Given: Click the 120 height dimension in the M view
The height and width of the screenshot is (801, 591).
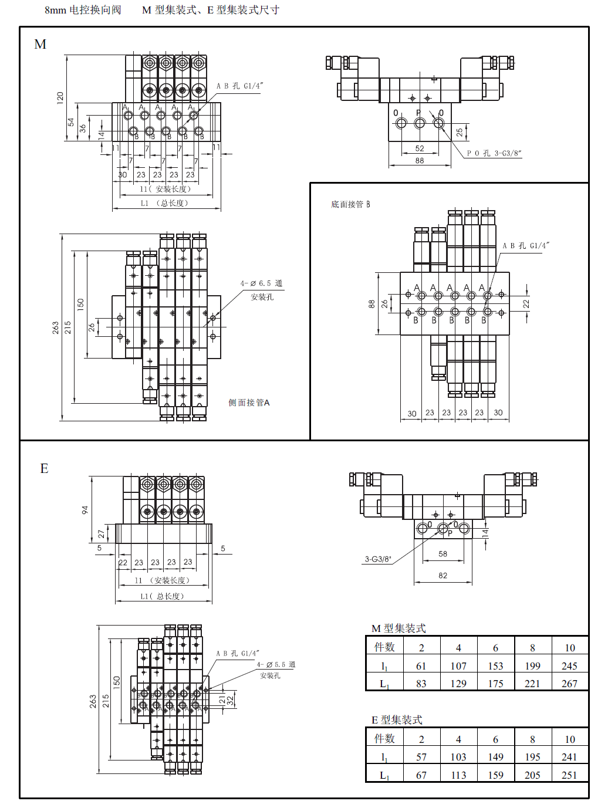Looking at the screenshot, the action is pos(60,98).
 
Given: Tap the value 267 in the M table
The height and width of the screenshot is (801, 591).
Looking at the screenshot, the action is pos(569,683).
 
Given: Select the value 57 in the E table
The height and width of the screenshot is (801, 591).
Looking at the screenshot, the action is pos(421,756).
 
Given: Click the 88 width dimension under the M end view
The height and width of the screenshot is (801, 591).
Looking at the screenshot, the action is pos(420,160).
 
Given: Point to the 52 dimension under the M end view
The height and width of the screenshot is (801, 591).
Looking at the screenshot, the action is pos(420,148).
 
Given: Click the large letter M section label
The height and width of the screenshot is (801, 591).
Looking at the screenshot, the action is pos(40,45).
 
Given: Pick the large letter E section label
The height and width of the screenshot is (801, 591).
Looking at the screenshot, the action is pos(44,468).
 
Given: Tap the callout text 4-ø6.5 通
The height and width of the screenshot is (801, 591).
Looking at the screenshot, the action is pos(261,283).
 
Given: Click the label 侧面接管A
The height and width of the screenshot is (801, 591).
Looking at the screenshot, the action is pos(249,403).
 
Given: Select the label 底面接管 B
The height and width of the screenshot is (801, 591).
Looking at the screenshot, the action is pos(350,204).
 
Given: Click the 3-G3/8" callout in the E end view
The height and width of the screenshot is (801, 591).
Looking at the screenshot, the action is pos(378,559).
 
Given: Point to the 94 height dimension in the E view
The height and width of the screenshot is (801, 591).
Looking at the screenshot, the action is pos(85,510).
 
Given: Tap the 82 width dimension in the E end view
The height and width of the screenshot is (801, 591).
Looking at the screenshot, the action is pos(443,575).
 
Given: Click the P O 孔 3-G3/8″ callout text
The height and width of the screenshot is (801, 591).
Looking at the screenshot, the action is pos(494,153).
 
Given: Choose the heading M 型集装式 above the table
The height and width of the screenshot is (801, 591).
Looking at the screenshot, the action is pos(399,628).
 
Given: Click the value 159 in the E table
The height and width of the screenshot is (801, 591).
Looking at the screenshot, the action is pos(495,775).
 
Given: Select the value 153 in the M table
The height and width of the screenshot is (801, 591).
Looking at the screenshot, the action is pos(495,665).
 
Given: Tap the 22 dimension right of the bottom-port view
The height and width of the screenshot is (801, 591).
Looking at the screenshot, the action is pos(526,304).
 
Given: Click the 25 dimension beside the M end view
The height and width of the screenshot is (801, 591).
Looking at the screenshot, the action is pos(460,132).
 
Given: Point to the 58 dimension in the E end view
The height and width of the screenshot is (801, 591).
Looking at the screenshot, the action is pos(443,553).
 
